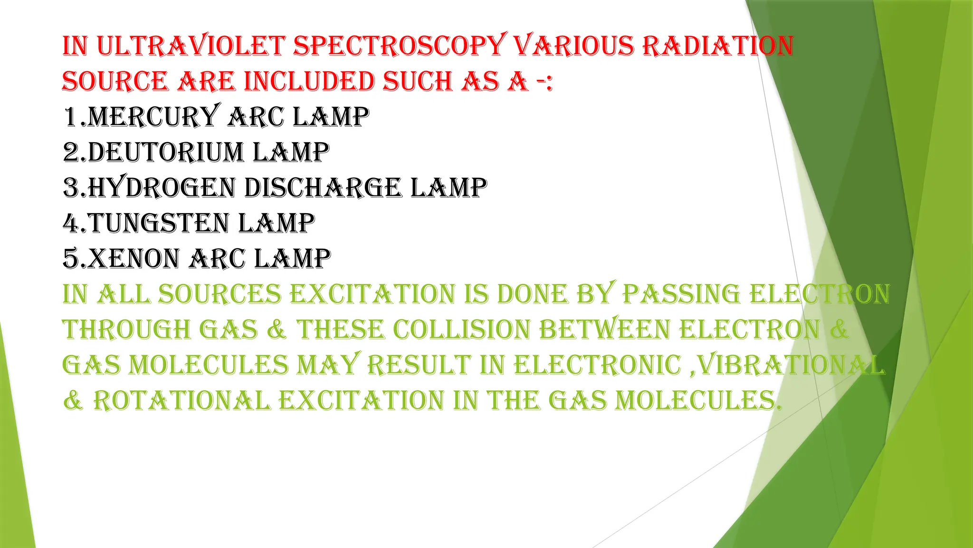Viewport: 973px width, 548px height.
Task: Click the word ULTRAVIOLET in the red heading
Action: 191,46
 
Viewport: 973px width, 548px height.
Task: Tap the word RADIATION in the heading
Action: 718,46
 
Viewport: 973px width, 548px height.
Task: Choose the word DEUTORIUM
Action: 166,152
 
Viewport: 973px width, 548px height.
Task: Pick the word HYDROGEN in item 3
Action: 162,187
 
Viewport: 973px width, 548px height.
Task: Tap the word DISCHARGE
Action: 323,187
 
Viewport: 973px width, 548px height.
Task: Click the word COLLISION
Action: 461,330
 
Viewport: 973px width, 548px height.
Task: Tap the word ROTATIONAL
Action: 181,401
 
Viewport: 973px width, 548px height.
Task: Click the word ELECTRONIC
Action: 598,365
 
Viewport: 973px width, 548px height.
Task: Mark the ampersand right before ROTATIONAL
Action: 73,401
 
